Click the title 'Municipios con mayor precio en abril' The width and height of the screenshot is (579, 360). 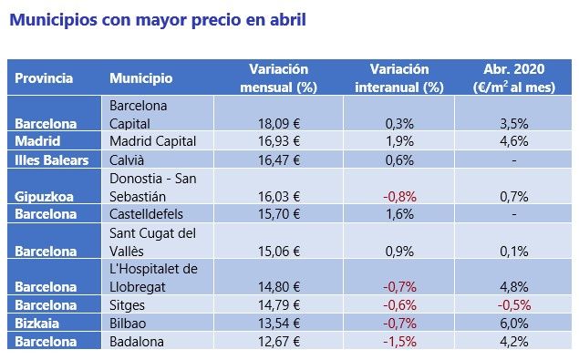coord(157,20)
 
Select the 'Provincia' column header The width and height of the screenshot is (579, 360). coord(44,78)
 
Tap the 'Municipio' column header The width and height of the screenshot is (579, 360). coord(140,78)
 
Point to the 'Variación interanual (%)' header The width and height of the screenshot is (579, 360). coord(407,78)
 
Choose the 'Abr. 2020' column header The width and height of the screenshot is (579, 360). coord(516,78)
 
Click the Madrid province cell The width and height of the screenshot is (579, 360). coord(38,141)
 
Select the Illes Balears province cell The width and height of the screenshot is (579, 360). coord(51,159)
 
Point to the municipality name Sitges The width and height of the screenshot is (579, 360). coord(127,305)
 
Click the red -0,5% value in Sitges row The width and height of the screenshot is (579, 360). coord(516,305)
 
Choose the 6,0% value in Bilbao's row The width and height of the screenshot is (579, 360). coord(516,323)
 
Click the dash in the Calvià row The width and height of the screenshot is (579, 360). coord(516,159)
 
